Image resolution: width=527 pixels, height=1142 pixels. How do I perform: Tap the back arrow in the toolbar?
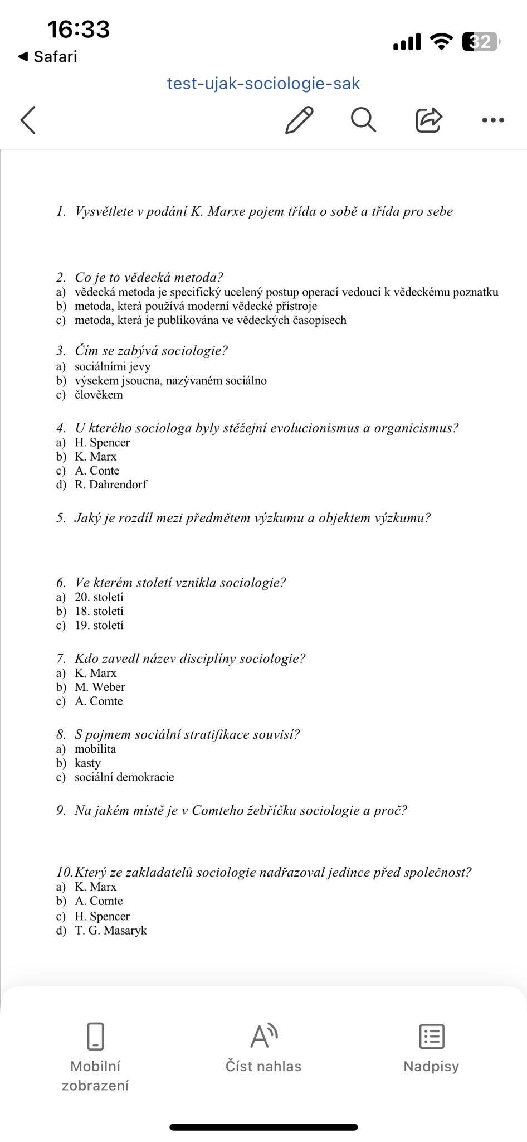pyautogui.click(x=28, y=119)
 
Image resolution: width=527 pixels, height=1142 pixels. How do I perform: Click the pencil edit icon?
pyautogui.click(x=299, y=119)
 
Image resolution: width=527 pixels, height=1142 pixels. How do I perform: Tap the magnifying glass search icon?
pyautogui.click(x=363, y=119)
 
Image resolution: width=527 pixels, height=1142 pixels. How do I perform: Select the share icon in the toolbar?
pyautogui.click(x=428, y=119)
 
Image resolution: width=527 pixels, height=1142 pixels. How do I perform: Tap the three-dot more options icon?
pyautogui.click(x=493, y=120)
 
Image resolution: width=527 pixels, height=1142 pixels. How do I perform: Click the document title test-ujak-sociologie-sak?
pyautogui.click(x=263, y=84)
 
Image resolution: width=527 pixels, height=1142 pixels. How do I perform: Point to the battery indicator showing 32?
pyautogui.click(x=481, y=42)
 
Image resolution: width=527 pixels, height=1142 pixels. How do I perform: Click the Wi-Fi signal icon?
pyautogui.click(x=442, y=41)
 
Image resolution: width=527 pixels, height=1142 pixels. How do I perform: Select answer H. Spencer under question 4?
pyautogui.click(x=102, y=442)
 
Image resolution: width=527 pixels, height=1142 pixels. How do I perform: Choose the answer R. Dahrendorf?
pyautogui.click(x=110, y=485)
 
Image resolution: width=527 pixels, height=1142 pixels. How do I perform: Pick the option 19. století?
pyautogui.click(x=99, y=625)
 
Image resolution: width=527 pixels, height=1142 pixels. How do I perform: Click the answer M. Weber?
pyautogui.click(x=100, y=687)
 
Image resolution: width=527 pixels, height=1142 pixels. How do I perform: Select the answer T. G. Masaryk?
pyautogui.click(x=110, y=930)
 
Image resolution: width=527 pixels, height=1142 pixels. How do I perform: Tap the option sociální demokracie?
pyautogui.click(x=124, y=777)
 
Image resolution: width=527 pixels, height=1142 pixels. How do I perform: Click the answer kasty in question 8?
pyautogui.click(x=87, y=763)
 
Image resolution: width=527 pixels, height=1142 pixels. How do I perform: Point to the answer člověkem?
pyautogui.click(x=99, y=395)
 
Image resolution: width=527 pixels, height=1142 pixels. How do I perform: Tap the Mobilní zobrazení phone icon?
pyautogui.click(x=95, y=1037)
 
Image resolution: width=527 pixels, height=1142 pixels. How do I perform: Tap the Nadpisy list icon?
pyautogui.click(x=431, y=1037)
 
